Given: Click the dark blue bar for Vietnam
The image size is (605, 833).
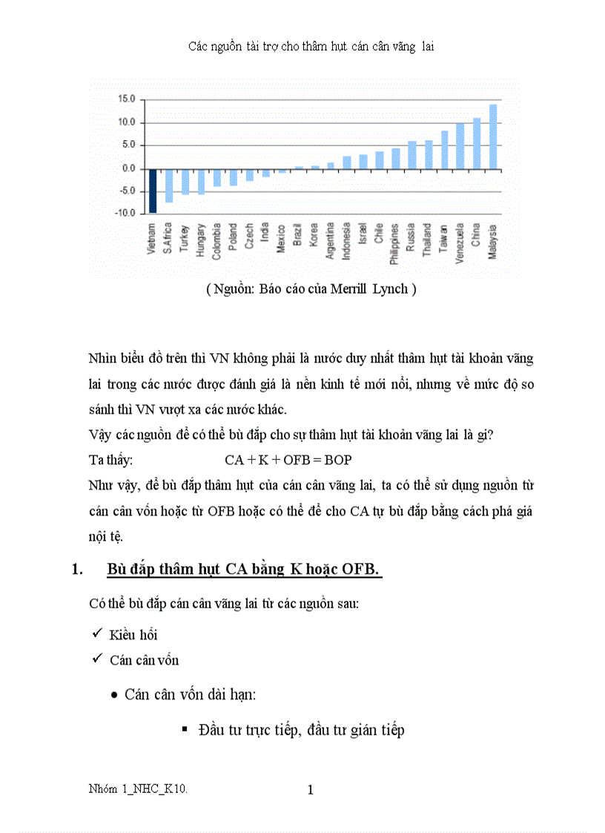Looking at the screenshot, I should [153, 191].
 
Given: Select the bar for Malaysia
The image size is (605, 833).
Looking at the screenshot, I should [493, 136].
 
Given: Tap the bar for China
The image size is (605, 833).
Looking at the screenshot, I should [477, 143].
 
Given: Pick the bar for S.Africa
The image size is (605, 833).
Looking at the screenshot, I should [169, 185].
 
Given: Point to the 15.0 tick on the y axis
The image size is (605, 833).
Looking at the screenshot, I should [127, 99].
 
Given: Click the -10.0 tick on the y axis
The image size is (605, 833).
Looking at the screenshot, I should [125, 214].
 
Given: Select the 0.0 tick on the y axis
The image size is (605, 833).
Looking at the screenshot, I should [128, 168].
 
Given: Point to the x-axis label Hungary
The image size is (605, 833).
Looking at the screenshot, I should [201, 239].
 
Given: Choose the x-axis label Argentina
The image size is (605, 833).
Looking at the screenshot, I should [331, 240].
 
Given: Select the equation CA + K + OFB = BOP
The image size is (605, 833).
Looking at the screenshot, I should [288, 460].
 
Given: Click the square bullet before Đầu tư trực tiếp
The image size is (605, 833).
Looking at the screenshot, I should [185, 730].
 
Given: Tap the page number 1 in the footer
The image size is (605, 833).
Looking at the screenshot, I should [310, 790].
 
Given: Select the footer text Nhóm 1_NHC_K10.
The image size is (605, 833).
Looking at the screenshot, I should [138, 790].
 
